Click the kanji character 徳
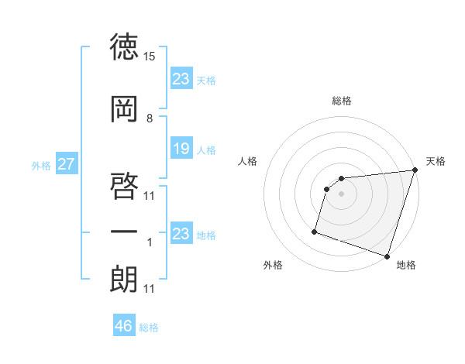125,48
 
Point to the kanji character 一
125,232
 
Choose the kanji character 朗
125,278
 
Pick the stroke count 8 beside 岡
150,118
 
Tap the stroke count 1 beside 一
150,242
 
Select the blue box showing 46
124,326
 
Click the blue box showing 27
67,163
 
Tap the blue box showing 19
181,149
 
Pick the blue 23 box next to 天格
181,79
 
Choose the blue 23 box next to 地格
181,233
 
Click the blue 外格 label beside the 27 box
40,165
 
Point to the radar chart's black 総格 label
342,101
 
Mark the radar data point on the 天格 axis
415,171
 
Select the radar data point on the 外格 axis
315,231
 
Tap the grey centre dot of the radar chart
342,194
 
